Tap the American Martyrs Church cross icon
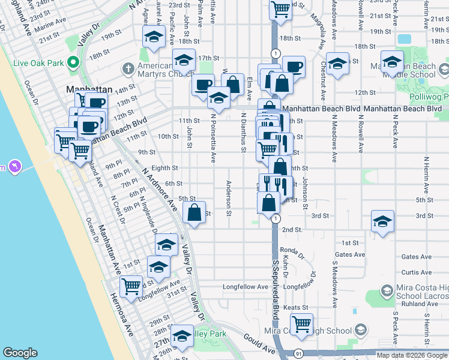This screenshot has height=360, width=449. pyautogui.click(x=127, y=68)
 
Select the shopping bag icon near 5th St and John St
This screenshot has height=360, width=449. pyautogui.click(x=194, y=213)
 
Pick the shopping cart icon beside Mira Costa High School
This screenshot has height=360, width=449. pyautogui.click(x=301, y=325)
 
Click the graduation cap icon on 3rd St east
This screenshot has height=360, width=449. pyautogui.click(x=382, y=221)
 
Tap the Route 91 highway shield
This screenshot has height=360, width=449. pyautogui.click(x=299, y=355)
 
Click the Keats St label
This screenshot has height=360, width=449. pyautogui.click(x=295, y=307)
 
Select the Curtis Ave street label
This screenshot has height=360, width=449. pyautogui.click(x=417, y=272)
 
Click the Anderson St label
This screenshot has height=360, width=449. pyautogui.click(x=229, y=197)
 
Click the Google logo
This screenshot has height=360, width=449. pyautogui.click(x=20, y=353)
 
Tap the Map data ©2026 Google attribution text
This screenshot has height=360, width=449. pyautogui.click(x=411, y=355)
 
